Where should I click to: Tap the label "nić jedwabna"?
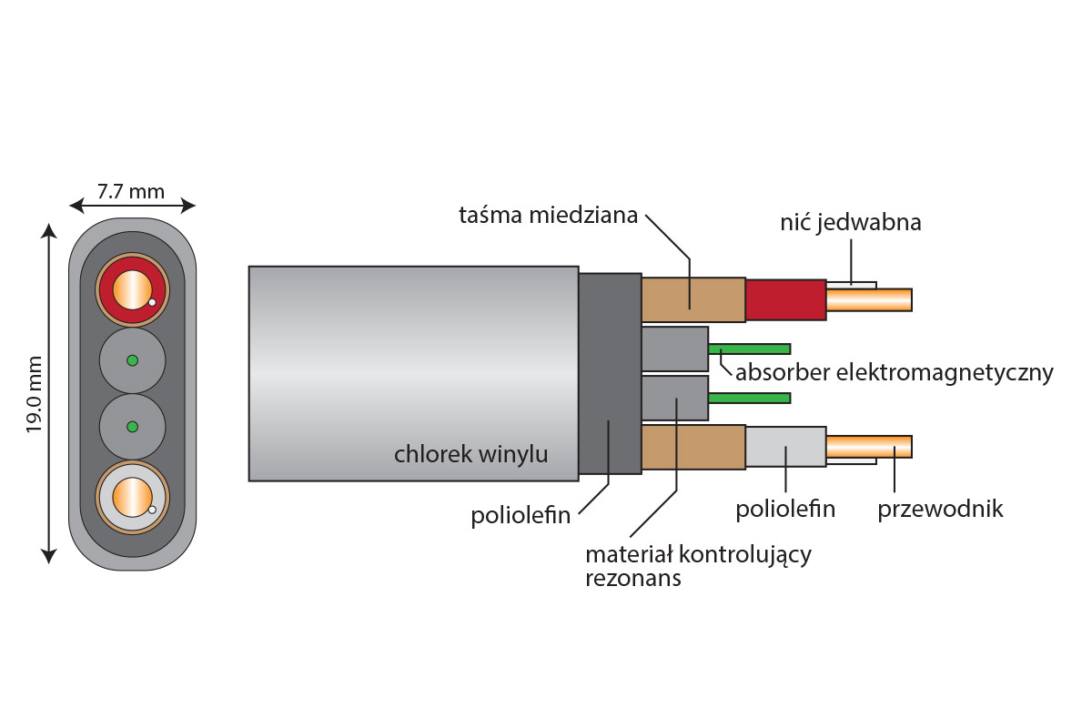tap(850, 222)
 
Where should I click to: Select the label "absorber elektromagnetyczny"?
tap(894, 372)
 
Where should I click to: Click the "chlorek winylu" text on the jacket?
tap(470, 454)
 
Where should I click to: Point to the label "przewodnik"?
tap(940, 509)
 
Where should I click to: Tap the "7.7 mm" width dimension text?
tap(131, 191)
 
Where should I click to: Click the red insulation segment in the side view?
tap(785, 300)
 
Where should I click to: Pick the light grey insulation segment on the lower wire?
tap(785, 447)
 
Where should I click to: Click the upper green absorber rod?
tap(749, 349)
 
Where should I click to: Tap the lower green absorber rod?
tap(749, 398)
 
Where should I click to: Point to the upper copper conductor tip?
tap(869, 300)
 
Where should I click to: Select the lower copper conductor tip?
tap(869, 447)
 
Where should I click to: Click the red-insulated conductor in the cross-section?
tap(132, 289)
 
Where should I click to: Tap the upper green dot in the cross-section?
tap(132, 360)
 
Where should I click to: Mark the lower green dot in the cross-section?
tap(132, 427)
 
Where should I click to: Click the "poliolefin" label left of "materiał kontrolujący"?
tap(521, 516)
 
